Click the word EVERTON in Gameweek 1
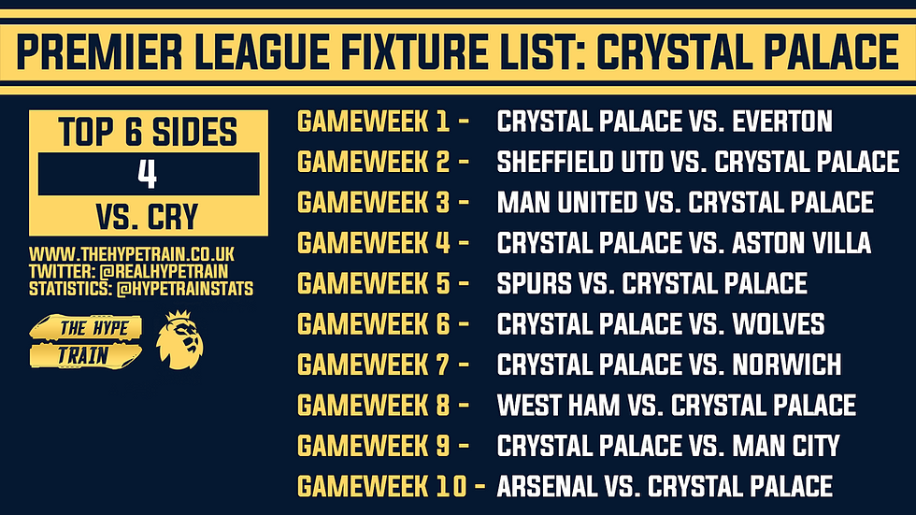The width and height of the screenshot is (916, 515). click(782, 122)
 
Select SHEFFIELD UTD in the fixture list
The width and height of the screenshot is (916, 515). click(580, 162)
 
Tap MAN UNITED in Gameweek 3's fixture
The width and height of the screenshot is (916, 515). click(566, 203)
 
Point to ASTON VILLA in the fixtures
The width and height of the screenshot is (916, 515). click(802, 243)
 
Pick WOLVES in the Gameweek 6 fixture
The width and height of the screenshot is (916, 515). click(778, 324)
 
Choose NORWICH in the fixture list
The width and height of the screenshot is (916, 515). click(787, 365)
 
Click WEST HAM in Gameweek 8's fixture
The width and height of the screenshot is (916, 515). click(558, 406)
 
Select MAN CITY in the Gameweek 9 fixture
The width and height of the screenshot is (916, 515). click(786, 446)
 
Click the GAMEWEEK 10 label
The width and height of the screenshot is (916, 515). click(382, 486)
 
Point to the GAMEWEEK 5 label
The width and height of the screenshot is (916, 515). click(374, 284)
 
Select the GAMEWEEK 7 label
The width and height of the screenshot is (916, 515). click(374, 365)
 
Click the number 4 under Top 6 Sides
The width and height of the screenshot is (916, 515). click(148, 174)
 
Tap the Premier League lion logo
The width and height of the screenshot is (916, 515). click(179, 340)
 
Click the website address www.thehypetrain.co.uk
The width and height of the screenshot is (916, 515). click(132, 254)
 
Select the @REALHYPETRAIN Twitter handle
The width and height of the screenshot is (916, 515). click(164, 271)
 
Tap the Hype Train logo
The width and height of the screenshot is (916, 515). click(85, 341)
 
